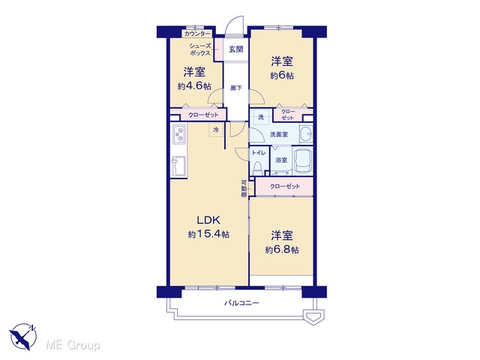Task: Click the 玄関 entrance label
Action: click(x=236, y=49)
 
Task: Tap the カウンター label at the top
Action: click(x=197, y=33)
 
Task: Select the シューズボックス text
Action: click(x=200, y=49)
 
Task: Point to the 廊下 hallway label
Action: click(x=236, y=88)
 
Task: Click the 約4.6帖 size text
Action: click(x=194, y=86)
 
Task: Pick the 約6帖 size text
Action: click(x=282, y=75)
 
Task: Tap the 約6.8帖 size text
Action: click(x=282, y=250)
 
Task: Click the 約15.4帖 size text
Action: click(x=208, y=235)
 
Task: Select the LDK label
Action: click(x=208, y=220)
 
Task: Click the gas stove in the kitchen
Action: click(x=179, y=134)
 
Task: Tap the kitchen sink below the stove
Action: click(x=179, y=166)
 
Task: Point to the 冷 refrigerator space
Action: click(x=216, y=130)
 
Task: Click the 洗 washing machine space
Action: click(x=261, y=117)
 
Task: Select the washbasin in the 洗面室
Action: click(x=306, y=133)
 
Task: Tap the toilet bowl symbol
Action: click(x=258, y=168)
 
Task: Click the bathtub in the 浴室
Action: click(x=303, y=161)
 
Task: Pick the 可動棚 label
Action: click(x=244, y=188)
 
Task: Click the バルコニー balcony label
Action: click(x=241, y=303)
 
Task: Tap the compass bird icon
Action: click(x=23, y=337)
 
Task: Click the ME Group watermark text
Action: click(x=73, y=345)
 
